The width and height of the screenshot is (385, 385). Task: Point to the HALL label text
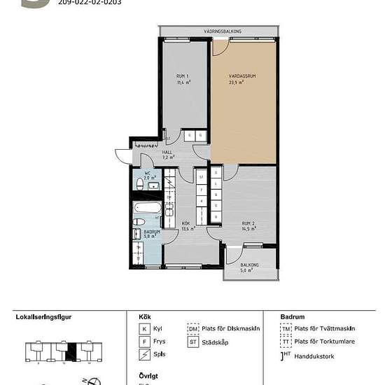click(167, 152)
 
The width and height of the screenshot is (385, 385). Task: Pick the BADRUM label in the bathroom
click(152, 232)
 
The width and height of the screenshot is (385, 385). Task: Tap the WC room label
click(148, 173)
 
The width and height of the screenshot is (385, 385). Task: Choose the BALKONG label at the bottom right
click(249, 265)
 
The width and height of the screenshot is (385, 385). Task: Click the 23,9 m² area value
click(236, 82)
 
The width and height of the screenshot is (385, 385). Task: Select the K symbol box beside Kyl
click(144, 328)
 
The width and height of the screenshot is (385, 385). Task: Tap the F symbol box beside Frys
click(144, 342)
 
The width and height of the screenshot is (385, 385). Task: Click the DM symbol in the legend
click(192, 328)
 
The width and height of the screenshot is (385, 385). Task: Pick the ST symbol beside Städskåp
click(192, 342)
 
